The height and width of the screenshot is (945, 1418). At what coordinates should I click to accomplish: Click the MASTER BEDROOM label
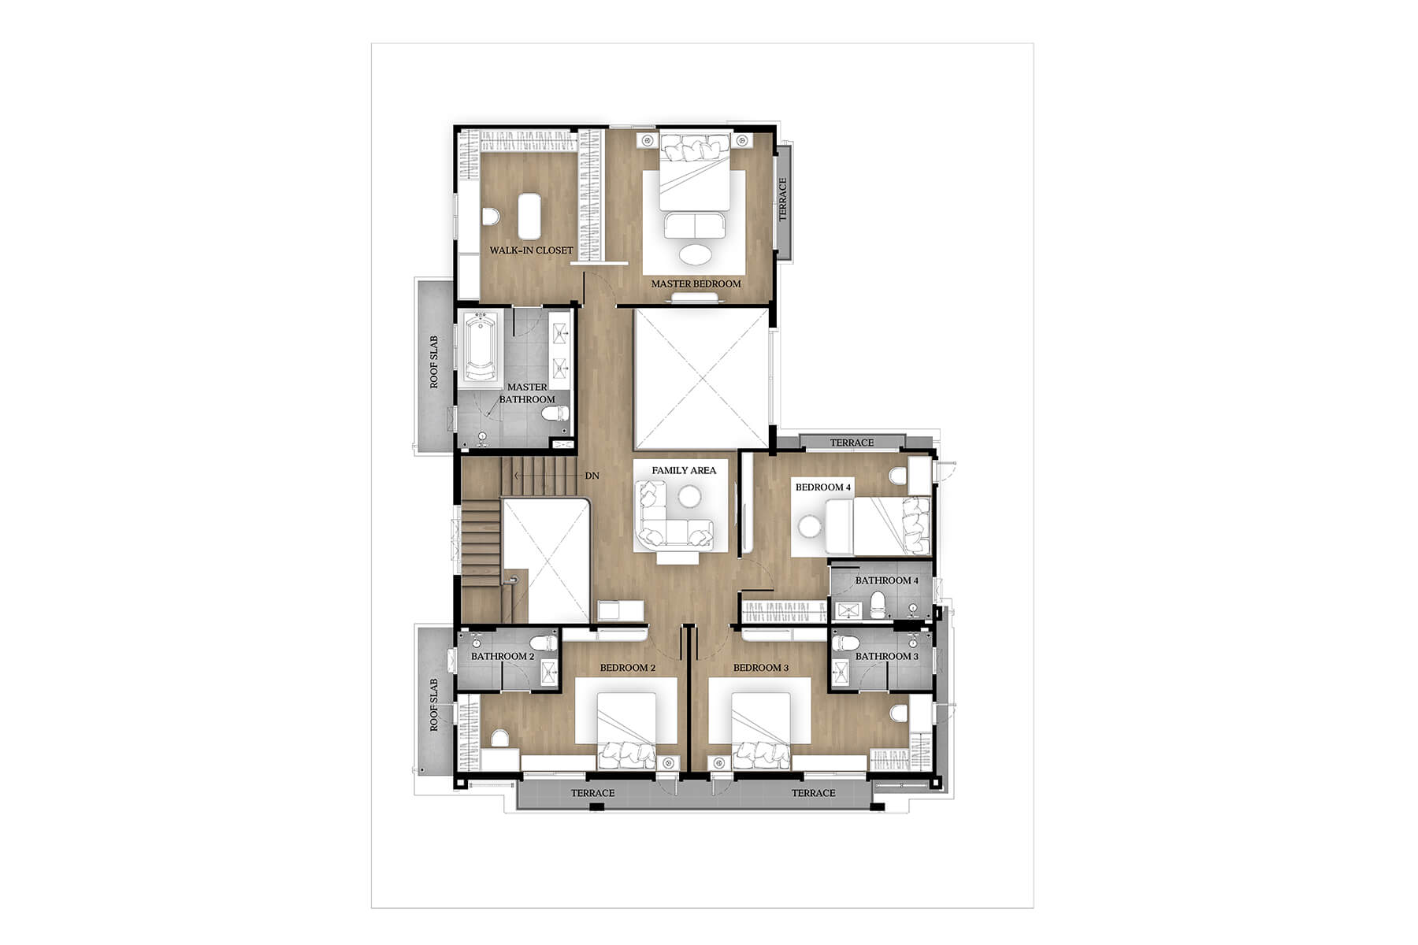click(x=696, y=283)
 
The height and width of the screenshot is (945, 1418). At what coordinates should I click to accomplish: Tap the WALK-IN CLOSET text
click(x=532, y=250)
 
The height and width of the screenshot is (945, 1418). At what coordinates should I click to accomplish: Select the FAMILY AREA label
click(x=684, y=470)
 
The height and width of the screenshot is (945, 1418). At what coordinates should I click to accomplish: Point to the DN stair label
click(x=592, y=476)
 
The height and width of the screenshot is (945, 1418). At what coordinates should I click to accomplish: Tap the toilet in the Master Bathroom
click(x=555, y=413)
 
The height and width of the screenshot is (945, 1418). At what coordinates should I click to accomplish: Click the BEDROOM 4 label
click(x=823, y=487)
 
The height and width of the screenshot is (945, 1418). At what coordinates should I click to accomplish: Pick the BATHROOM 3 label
click(x=887, y=656)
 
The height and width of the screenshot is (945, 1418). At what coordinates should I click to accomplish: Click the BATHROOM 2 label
click(x=503, y=656)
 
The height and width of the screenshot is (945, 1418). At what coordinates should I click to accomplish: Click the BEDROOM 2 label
click(x=628, y=668)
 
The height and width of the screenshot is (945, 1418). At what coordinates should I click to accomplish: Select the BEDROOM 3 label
click(x=761, y=668)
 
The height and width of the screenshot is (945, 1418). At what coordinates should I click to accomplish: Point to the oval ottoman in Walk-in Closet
click(x=529, y=216)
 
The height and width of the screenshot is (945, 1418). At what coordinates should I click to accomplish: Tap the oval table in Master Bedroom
click(x=694, y=254)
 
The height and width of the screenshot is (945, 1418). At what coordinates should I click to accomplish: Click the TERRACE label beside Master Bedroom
click(x=783, y=199)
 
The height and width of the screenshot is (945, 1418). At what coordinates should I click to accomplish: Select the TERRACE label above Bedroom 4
click(x=852, y=443)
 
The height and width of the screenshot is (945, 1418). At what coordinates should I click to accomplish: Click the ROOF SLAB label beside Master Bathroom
click(x=434, y=362)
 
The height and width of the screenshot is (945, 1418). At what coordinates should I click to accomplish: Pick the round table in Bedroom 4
click(x=809, y=526)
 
